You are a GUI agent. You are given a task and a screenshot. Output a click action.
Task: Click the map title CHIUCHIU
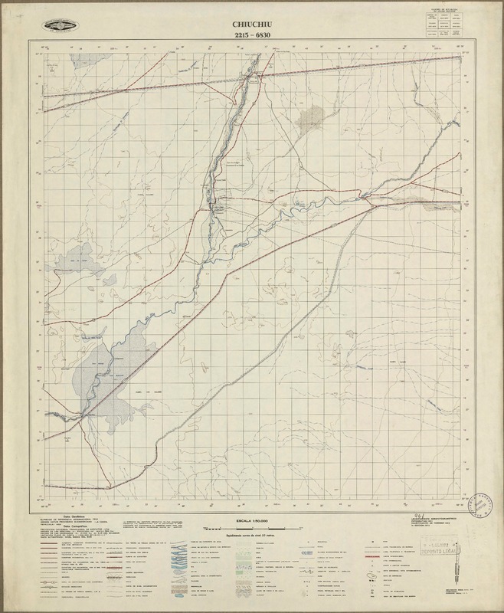coord(252,24)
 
